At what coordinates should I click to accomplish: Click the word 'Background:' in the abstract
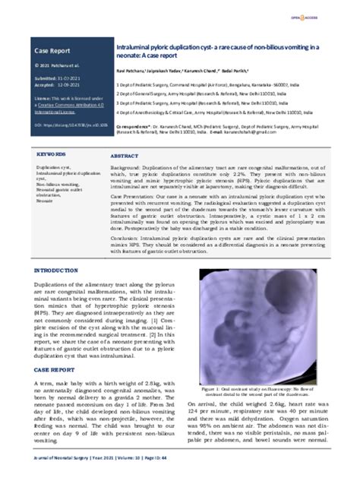point(125,166)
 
